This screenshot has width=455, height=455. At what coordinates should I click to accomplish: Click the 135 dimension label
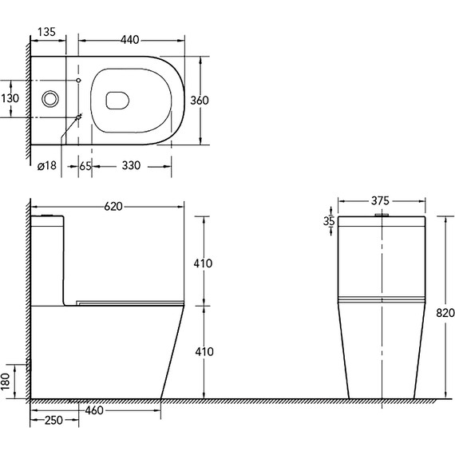pyautogui.click(x=46, y=32)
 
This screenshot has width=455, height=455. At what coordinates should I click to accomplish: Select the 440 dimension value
pyautogui.click(x=129, y=40)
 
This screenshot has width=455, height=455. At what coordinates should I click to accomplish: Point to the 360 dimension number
pyautogui.click(x=200, y=101)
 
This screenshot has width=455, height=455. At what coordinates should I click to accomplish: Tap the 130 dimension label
pyautogui.click(x=10, y=98)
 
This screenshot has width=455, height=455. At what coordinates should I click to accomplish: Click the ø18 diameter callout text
pyautogui.click(x=47, y=165)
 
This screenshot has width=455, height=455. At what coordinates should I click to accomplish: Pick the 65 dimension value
pyautogui.click(x=85, y=166)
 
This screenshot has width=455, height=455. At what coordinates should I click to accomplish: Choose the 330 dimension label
pyautogui.click(x=131, y=165)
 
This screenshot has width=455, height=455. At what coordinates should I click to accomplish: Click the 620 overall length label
pyautogui.click(x=113, y=207)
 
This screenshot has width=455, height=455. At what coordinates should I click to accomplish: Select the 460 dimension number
pyautogui.click(x=94, y=410)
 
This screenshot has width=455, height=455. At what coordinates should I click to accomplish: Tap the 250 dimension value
pyautogui.click(x=53, y=420)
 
